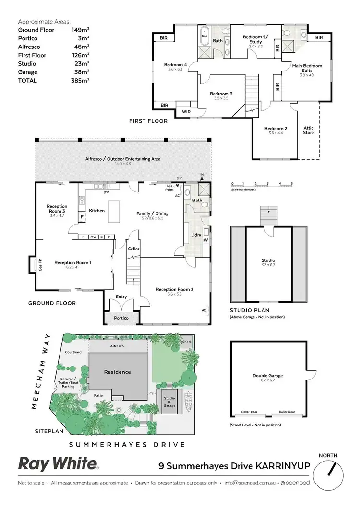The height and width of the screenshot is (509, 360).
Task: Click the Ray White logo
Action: (58, 463)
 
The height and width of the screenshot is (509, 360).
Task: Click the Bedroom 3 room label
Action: (221, 94)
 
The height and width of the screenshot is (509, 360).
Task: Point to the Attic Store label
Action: (308, 130)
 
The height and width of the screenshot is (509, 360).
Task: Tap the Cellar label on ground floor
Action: (133, 249)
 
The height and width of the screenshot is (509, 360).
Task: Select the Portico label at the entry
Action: (121, 318)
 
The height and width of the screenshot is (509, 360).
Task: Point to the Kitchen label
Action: (96, 211)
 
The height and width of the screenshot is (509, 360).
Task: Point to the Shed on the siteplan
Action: (187, 342)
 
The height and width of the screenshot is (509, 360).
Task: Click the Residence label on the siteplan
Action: (118, 372)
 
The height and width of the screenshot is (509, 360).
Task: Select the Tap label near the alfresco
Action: (202, 174)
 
